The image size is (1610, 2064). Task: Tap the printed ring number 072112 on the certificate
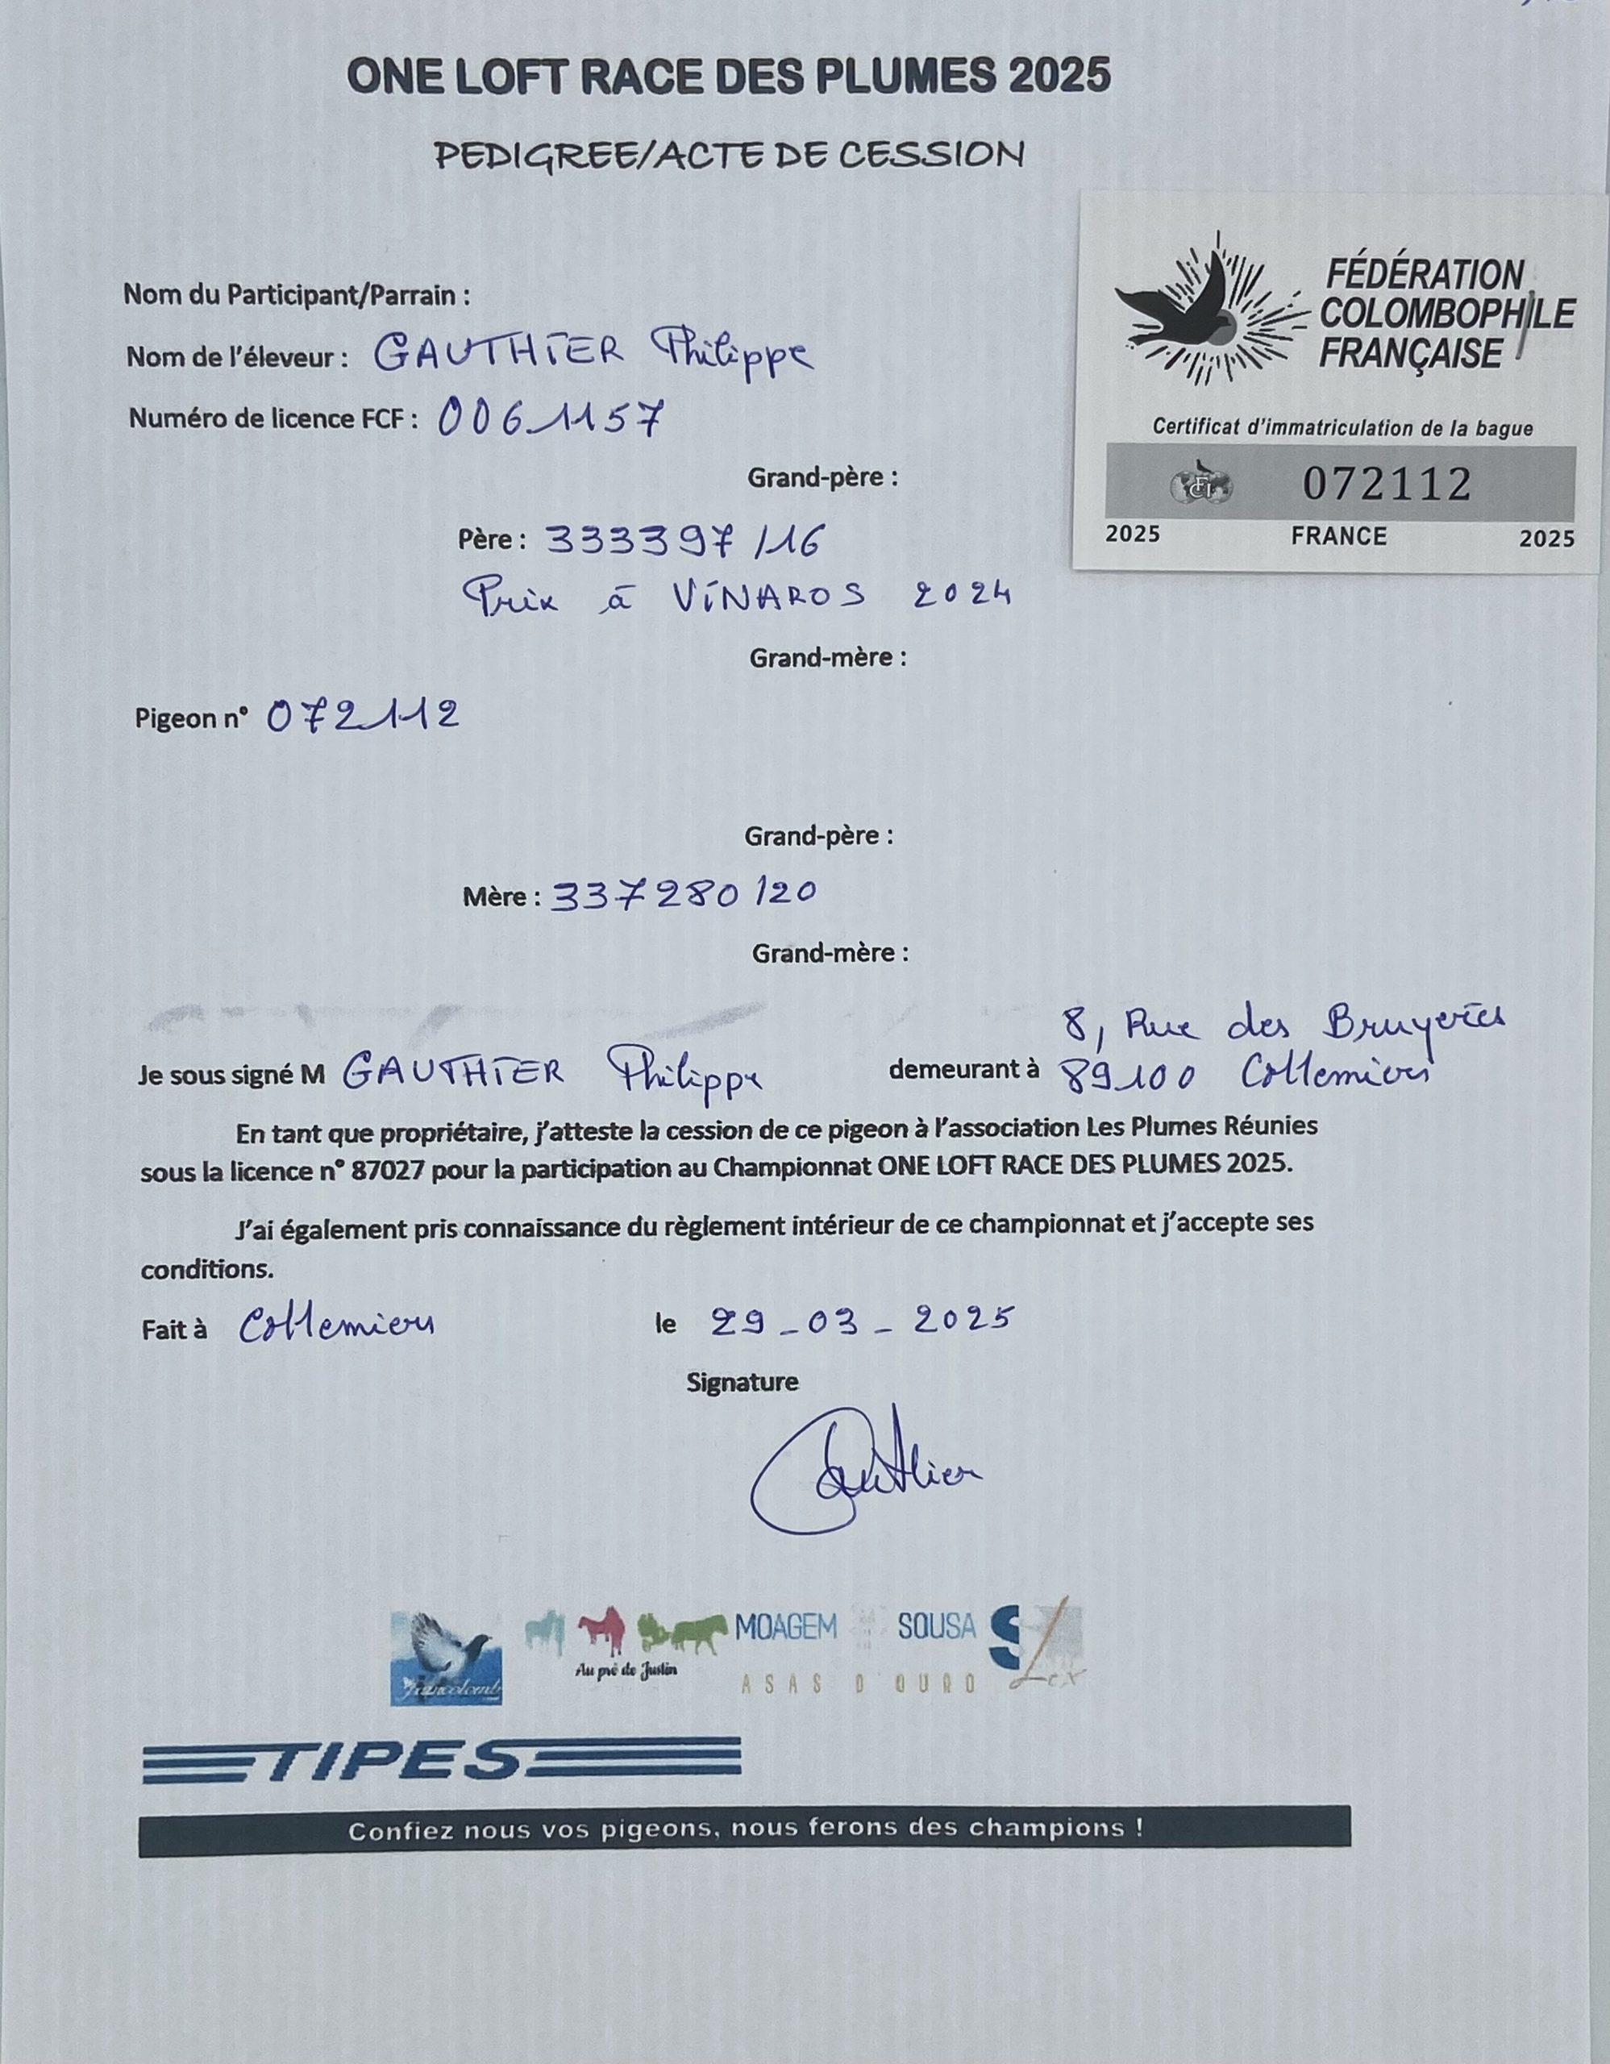[x=1386, y=485]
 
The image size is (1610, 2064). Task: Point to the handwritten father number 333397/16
[x=686, y=540]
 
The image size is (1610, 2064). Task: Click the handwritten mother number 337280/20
[x=682, y=893]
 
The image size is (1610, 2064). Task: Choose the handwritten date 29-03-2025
[x=859, y=1321]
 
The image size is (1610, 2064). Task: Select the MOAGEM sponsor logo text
[x=785, y=1626]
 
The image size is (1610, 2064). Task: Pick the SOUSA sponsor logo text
[x=935, y=1626]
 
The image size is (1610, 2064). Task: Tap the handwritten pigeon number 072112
[x=363, y=716]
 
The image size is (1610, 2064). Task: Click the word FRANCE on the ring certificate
[x=1339, y=537]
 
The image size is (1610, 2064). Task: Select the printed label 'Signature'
[x=742, y=1383]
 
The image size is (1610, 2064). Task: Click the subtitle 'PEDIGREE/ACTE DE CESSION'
[x=729, y=155]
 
